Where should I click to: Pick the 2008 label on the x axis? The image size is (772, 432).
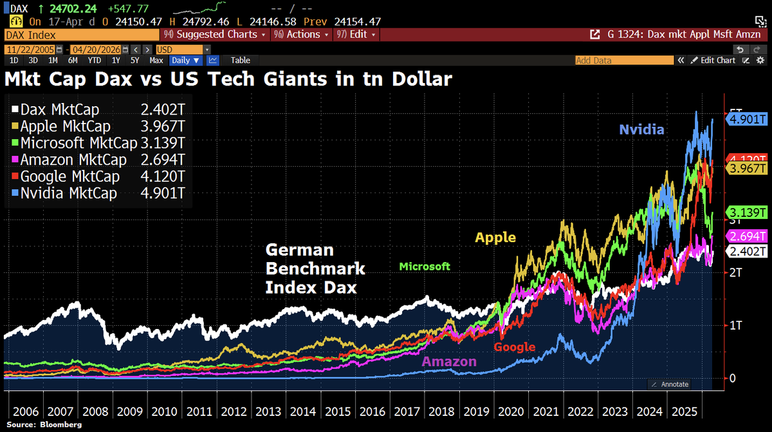[x=95, y=411]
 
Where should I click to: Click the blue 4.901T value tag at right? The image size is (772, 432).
[x=746, y=119]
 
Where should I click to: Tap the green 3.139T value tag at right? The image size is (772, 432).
[x=746, y=212]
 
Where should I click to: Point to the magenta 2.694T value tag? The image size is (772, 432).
[x=746, y=236]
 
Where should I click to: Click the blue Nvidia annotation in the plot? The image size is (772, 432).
[x=641, y=129]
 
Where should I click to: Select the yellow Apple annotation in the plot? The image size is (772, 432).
[x=495, y=238]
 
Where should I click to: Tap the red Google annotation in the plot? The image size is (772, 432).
[x=514, y=347]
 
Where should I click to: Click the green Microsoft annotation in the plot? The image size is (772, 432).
[x=425, y=267]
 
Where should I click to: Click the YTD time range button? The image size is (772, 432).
[x=94, y=60]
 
